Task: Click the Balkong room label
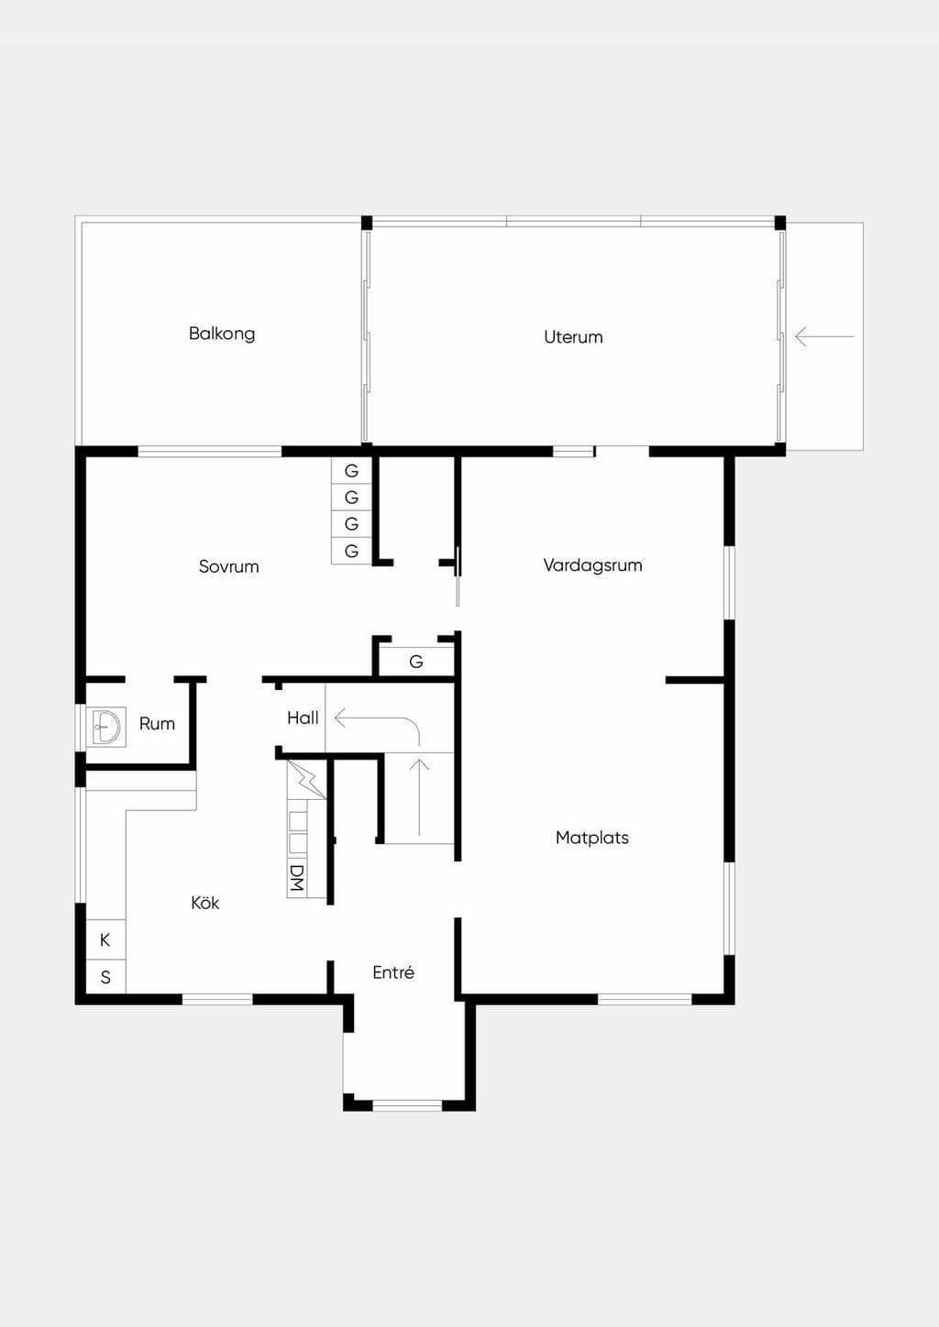[222, 334]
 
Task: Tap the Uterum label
[573, 337]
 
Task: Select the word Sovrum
[229, 566]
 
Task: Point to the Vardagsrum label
[592, 565]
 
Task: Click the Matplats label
[592, 838]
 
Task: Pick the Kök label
[205, 903]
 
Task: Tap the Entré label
[393, 972]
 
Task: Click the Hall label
[303, 718]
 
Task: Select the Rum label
[157, 723]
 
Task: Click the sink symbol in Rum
[106, 727]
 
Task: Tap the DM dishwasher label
[297, 878]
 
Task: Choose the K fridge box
[105, 939]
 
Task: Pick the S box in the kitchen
[105, 977]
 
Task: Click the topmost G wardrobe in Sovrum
[351, 471]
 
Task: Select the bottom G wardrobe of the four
[351, 551]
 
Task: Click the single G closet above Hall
[416, 662]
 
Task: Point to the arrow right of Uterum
[824, 336]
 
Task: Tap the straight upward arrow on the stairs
[419, 797]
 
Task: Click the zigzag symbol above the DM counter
[306, 780]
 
